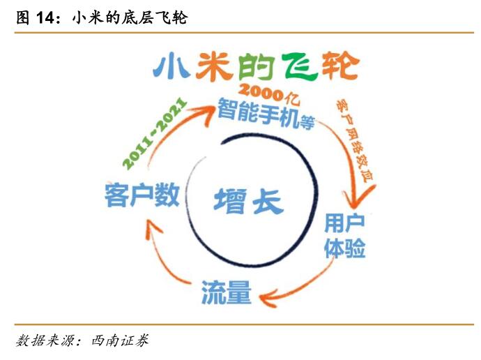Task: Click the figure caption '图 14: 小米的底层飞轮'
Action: (101, 19)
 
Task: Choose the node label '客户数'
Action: (141, 193)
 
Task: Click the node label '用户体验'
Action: (345, 236)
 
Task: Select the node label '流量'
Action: (226, 292)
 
